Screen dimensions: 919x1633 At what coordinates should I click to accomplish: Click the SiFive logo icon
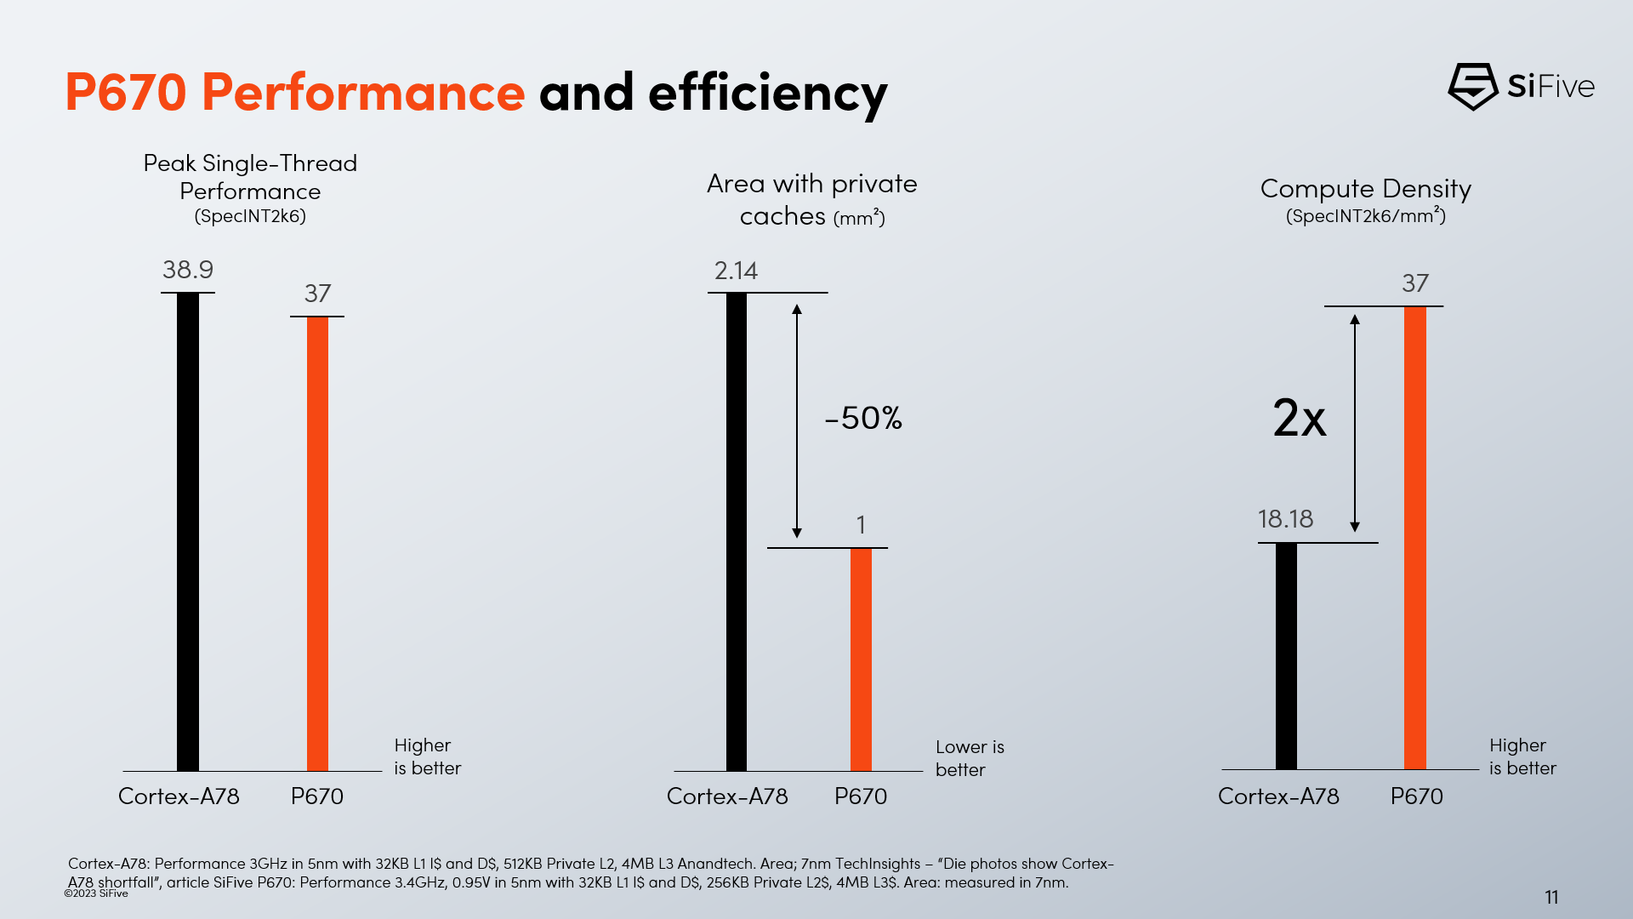(1472, 86)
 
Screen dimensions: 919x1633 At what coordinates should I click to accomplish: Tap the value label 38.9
(188, 270)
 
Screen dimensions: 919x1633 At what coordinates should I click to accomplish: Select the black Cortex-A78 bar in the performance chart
(188, 532)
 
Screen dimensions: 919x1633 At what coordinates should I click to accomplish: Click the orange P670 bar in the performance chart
(317, 544)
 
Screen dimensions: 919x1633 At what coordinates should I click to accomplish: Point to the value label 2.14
(736, 271)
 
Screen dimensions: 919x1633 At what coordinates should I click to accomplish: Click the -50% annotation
(863, 418)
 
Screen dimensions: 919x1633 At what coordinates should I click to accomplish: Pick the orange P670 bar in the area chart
(861, 659)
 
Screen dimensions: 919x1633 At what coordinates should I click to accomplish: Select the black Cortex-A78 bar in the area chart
(737, 532)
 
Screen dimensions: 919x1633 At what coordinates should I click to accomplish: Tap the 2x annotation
(1299, 418)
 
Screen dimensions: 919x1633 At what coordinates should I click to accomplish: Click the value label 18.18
(1285, 519)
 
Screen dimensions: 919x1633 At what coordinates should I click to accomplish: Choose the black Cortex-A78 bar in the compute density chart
(1286, 656)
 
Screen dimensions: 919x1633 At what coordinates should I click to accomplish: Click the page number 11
(1551, 897)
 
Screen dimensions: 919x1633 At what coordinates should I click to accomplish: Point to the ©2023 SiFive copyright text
(96, 893)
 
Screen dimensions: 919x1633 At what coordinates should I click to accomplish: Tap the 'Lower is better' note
(970, 758)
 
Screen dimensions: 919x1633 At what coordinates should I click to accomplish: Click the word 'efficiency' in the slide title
(767, 93)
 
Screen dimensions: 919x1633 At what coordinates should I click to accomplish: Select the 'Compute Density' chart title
(1365, 189)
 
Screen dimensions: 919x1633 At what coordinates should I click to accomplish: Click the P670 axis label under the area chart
(860, 796)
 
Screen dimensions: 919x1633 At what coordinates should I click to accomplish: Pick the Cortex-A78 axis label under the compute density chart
(1278, 796)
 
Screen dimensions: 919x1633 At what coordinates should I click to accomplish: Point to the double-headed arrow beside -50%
(797, 421)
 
